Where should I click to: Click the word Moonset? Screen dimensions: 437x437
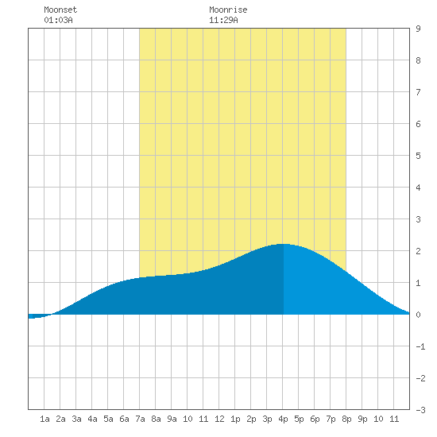60,10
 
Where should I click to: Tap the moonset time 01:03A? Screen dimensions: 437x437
58,20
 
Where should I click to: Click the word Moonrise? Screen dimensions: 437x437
228,10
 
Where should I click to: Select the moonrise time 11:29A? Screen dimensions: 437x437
223,20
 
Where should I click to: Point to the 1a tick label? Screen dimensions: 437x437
44,419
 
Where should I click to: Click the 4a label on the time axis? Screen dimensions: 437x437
92,419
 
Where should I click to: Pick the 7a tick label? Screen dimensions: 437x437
140,419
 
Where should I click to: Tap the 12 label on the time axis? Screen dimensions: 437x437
219,419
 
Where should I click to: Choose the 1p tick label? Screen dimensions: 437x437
235,419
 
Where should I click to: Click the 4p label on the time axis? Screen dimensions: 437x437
283,419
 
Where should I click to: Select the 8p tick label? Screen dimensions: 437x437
346,419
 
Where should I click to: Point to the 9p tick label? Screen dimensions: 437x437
362,419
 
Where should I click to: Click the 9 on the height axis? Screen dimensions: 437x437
418,29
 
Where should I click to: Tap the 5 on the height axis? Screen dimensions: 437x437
418,156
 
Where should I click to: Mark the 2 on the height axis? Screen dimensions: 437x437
418,251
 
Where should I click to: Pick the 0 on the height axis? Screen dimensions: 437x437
418,315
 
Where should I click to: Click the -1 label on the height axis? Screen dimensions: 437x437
420,346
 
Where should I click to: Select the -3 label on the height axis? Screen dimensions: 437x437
420,410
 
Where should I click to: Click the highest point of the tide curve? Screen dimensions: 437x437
284,244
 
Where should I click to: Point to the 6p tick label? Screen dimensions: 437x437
315,419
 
